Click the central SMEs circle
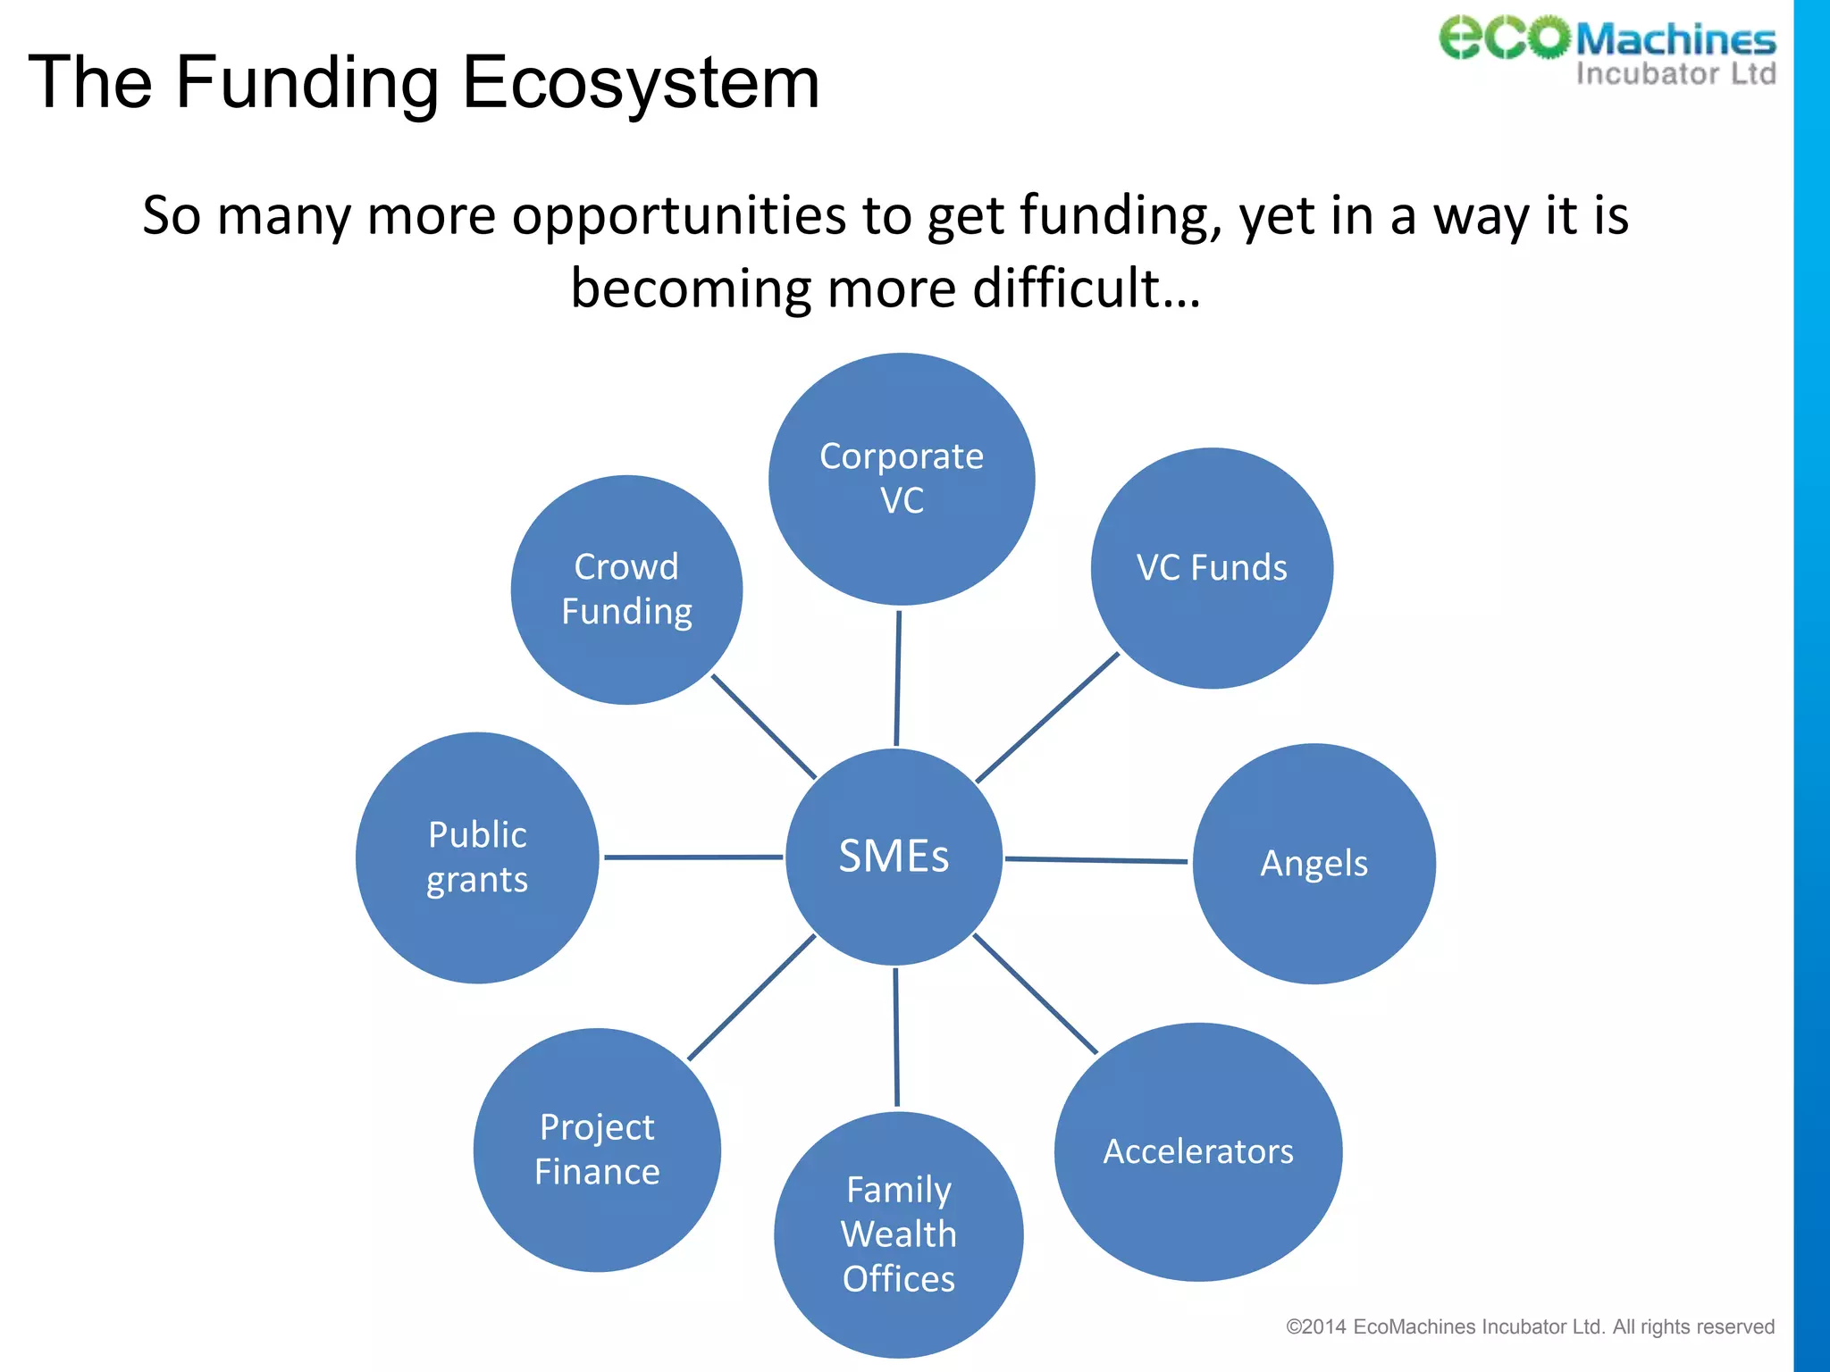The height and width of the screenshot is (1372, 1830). click(x=894, y=857)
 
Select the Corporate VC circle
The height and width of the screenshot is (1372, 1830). click(x=902, y=480)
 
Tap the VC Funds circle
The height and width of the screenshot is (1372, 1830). click(x=1212, y=568)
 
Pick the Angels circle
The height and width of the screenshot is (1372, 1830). click(x=1314, y=864)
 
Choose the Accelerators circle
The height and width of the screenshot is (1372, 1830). click(x=1198, y=1151)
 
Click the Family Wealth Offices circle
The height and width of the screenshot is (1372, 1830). click(x=899, y=1234)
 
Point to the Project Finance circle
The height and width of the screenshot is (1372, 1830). click(x=597, y=1150)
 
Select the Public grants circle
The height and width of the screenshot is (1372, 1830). click(x=477, y=857)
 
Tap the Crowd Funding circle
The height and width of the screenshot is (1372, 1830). click(x=626, y=590)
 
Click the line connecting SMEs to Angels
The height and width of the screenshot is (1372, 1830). click(x=1096, y=860)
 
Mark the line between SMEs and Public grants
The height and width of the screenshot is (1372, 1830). click(x=693, y=857)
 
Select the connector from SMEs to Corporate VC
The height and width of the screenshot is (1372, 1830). click(x=898, y=678)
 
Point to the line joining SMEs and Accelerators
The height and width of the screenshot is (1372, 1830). click(x=1035, y=993)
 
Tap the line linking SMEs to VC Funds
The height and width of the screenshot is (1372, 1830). click(x=1047, y=718)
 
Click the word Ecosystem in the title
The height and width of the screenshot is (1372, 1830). click(x=640, y=82)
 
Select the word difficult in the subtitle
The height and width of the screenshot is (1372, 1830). click(x=1087, y=289)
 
